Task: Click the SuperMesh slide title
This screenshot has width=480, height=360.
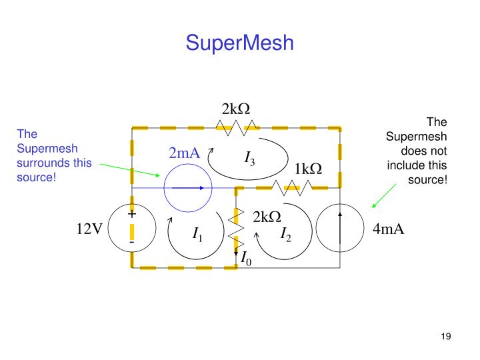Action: coord(239,43)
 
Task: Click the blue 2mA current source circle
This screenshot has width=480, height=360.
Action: coord(187,189)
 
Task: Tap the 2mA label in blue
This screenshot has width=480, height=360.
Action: coord(184,153)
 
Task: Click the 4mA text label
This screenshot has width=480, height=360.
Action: coord(388,230)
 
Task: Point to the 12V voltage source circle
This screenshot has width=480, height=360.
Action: coord(132,229)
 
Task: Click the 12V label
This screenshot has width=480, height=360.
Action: coord(89,229)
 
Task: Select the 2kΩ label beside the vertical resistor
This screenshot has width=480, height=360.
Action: coord(267,217)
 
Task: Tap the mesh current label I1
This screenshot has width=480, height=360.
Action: coord(197,234)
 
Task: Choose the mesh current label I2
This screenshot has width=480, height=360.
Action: coord(286,234)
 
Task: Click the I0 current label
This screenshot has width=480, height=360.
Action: coord(246,257)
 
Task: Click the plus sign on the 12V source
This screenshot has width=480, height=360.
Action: coord(131,214)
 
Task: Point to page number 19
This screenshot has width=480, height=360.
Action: coord(446,336)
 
